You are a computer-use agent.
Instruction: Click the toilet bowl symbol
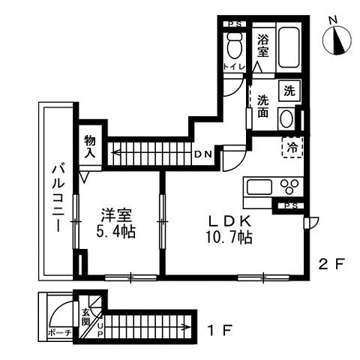[235, 45]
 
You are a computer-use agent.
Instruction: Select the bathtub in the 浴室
[289, 47]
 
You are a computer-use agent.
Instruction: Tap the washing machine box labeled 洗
[289, 91]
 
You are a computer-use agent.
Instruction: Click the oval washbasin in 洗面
[286, 118]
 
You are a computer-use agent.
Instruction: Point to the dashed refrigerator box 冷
[292, 147]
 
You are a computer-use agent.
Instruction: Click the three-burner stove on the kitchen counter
[289, 187]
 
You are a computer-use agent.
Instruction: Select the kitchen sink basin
[259, 187]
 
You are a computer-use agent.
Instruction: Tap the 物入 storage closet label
[90, 147]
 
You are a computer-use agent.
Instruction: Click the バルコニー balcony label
[58, 197]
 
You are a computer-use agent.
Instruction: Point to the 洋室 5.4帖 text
[115, 223]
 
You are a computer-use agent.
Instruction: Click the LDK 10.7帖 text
[229, 229]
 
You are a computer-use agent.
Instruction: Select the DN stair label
[203, 154]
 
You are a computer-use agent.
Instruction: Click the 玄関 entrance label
[85, 316]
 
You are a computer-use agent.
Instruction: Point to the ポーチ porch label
[60, 332]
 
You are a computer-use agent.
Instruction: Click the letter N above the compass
[332, 21]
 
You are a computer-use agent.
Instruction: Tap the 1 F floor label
[220, 330]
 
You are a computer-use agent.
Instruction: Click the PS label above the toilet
[235, 24]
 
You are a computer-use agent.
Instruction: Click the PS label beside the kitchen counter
[291, 205]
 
